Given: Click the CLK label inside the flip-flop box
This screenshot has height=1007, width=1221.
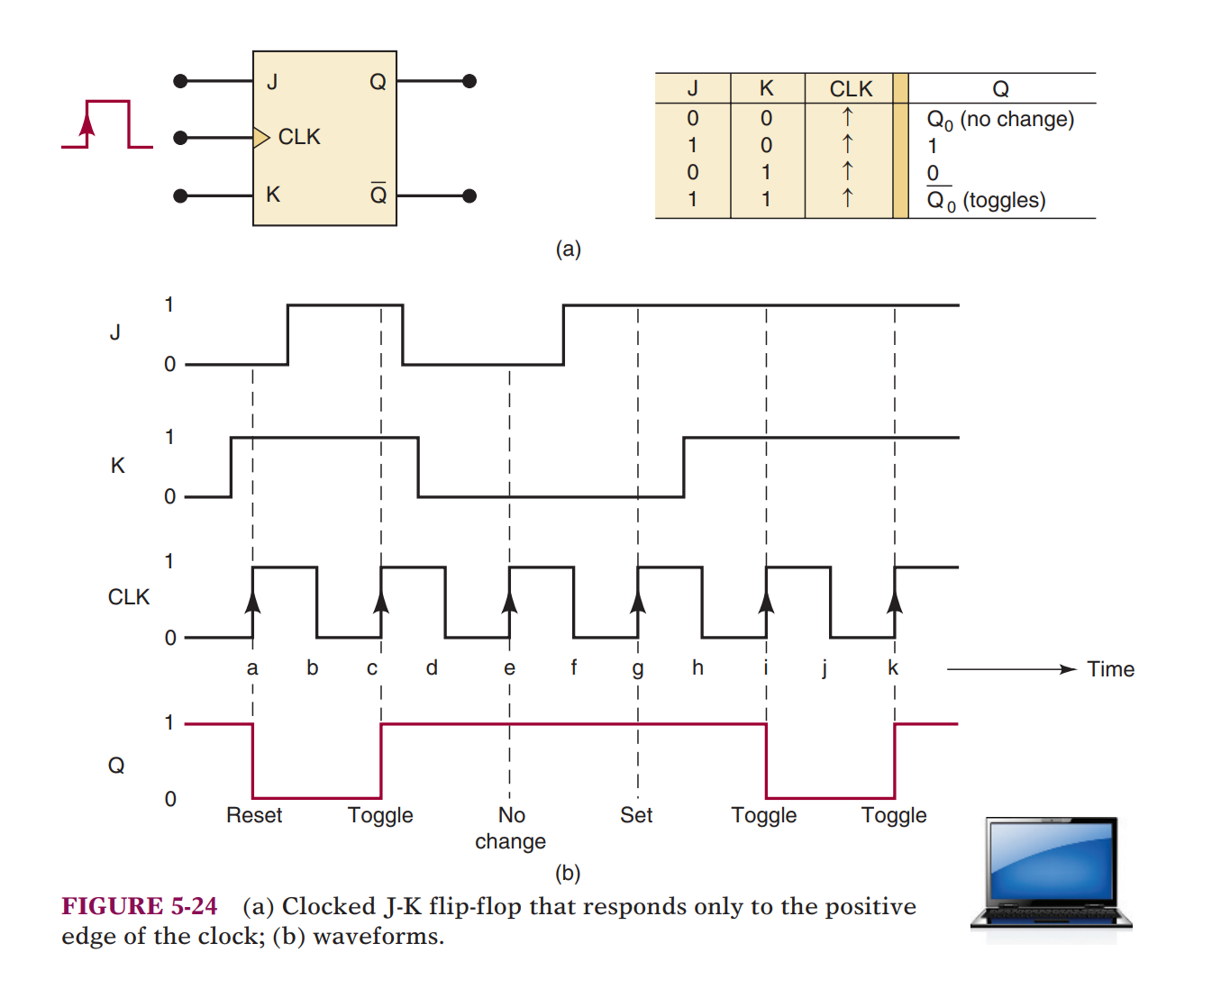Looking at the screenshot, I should click(299, 137).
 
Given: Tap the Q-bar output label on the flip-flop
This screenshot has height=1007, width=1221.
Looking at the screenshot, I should click(378, 194).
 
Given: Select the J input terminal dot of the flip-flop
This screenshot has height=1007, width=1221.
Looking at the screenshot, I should click(180, 81).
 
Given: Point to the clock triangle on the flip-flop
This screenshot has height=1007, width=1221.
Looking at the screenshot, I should click(261, 138).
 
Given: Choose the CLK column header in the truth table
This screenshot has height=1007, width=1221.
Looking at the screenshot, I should click(851, 89).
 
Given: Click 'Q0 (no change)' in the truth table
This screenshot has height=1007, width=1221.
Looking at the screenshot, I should click(1000, 120).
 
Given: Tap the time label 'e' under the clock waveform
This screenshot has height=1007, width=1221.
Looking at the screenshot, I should click(509, 668).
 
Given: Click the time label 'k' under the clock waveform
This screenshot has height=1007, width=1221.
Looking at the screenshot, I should click(893, 668).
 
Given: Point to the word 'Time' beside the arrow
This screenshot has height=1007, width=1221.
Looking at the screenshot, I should click(1110, 669).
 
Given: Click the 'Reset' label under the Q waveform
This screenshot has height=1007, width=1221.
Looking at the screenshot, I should click(254, 815).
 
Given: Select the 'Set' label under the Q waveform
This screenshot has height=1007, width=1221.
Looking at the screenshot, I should click(636, 815).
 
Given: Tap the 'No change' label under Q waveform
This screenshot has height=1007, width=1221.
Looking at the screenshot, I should click(511, 828).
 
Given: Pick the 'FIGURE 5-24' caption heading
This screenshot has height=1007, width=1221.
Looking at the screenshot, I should click(140, 906).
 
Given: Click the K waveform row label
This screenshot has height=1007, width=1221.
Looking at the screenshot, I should click(117, 466).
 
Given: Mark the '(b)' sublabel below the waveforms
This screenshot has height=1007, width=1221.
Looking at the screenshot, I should click(568, 873).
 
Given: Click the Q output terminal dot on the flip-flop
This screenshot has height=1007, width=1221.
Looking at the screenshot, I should click(469, 81).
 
